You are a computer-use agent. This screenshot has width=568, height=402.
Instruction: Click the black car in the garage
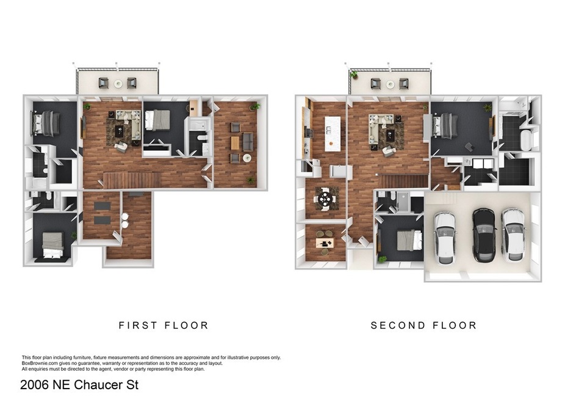coord(484,232)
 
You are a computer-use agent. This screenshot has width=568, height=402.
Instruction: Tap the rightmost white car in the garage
coord(512,232)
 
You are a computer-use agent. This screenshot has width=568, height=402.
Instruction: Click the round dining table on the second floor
coord(325,199)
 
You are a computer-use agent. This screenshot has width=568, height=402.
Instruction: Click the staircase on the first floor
coord(132,180)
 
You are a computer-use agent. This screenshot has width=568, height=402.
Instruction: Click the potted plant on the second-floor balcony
coord(354,75)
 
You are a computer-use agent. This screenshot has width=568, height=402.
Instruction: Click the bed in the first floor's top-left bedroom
coord(47,123)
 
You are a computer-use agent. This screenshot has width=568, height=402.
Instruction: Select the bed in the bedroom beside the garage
coord(408,239)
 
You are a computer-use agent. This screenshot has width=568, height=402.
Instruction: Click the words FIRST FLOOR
coord(164,326)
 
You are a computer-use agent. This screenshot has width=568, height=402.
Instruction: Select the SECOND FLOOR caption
coord(424,326)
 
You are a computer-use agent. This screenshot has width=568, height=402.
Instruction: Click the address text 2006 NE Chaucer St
coord(79,386)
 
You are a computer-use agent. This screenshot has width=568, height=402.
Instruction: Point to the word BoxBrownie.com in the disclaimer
coord(42,364)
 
